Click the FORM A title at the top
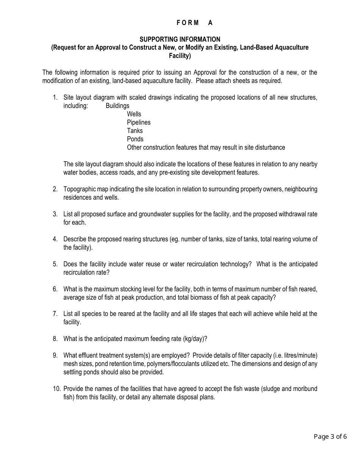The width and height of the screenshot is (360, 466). [195, 23]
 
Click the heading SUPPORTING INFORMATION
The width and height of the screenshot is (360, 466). [180, 39]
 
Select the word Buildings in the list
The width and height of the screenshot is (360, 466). [117, 106]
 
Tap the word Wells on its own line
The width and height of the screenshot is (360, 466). [134, 114]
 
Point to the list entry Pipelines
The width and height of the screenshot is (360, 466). [139, 122]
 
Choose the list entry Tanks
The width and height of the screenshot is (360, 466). [135, 131]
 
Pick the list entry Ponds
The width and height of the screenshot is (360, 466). [135, 139]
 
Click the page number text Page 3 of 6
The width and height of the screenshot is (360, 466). [330, 436]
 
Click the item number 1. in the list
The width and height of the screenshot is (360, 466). [55, 97]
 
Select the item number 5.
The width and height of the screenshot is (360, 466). [55, 264]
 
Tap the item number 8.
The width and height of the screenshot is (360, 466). [55, 339]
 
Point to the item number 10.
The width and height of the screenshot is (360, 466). [56, 389]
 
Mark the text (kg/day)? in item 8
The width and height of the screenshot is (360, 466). [195, 339]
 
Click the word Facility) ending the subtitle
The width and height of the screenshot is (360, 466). [180, 56]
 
